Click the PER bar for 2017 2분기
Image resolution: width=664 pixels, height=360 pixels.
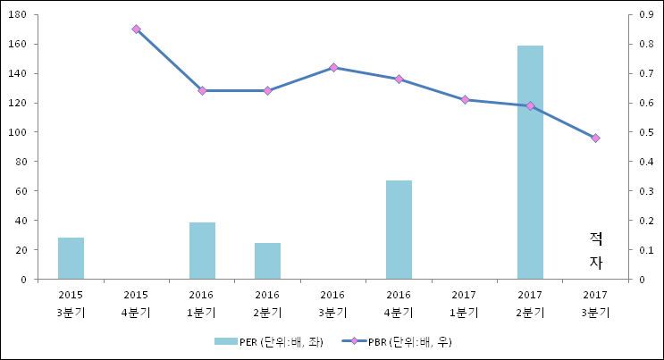[530, 162]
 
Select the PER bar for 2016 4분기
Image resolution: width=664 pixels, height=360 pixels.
[399, 230]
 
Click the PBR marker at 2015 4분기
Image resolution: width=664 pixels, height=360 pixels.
[136, 29]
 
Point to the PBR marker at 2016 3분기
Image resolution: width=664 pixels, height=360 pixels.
[333, 68]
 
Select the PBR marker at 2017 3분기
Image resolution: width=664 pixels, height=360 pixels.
[595, 138]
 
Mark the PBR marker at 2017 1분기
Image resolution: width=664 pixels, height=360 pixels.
[465, 100]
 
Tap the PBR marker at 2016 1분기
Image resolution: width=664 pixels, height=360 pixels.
[202, 90]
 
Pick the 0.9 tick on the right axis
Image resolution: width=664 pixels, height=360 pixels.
[643, 15]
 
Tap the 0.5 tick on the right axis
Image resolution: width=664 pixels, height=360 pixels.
[643, 132]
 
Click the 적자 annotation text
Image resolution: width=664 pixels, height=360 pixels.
[596, 250]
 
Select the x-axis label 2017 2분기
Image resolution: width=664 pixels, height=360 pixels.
[530, 304]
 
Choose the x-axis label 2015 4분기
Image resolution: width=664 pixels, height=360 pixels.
[136, 304]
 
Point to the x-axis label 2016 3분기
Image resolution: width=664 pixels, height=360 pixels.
[332, 304]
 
